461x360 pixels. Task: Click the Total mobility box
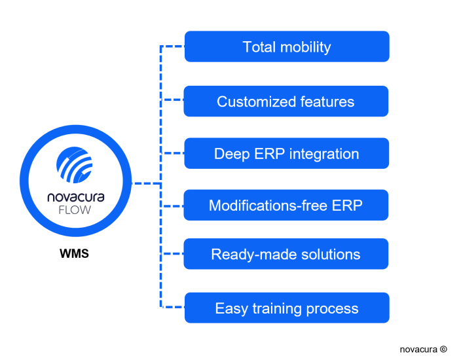287,46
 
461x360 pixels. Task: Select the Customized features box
286,101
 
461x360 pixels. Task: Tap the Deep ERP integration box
286,154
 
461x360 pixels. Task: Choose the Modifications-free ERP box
286,206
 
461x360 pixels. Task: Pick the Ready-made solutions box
286,255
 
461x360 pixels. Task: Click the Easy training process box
287,308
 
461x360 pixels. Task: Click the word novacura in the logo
75,196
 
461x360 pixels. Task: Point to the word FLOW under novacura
75,211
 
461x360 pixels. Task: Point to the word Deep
230,154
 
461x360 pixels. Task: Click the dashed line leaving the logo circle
146,184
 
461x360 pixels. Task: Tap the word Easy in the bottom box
230,309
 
